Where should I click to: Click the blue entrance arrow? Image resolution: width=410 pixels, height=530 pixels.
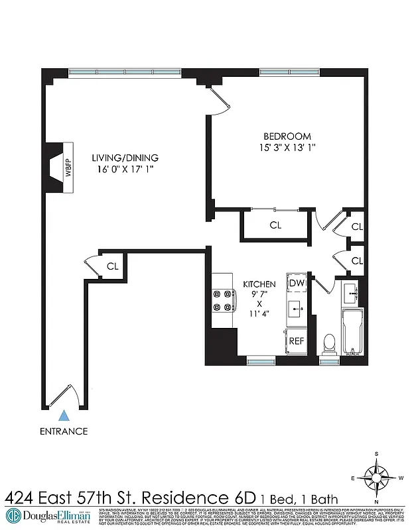[64, 416]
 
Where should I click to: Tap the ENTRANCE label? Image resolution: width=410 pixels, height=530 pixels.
[64, 431]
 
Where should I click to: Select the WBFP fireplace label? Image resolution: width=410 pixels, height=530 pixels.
[68, 168]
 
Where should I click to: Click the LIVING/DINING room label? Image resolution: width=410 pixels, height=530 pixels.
[125, 158]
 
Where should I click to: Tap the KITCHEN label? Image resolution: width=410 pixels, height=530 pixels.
[259, 284]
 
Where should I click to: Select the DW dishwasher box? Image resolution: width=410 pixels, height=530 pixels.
[296, 284]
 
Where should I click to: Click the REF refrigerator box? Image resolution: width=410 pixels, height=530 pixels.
[296, 341]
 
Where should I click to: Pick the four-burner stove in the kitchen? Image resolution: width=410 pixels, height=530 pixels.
[221, 301]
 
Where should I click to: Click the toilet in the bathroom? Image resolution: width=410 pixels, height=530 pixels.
[328, 343]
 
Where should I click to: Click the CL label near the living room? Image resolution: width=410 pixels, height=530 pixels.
[113, 266]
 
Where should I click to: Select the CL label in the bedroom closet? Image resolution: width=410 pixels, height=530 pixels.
[275, 225]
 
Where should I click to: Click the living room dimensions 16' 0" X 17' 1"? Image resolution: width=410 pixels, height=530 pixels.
[125, 170]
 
